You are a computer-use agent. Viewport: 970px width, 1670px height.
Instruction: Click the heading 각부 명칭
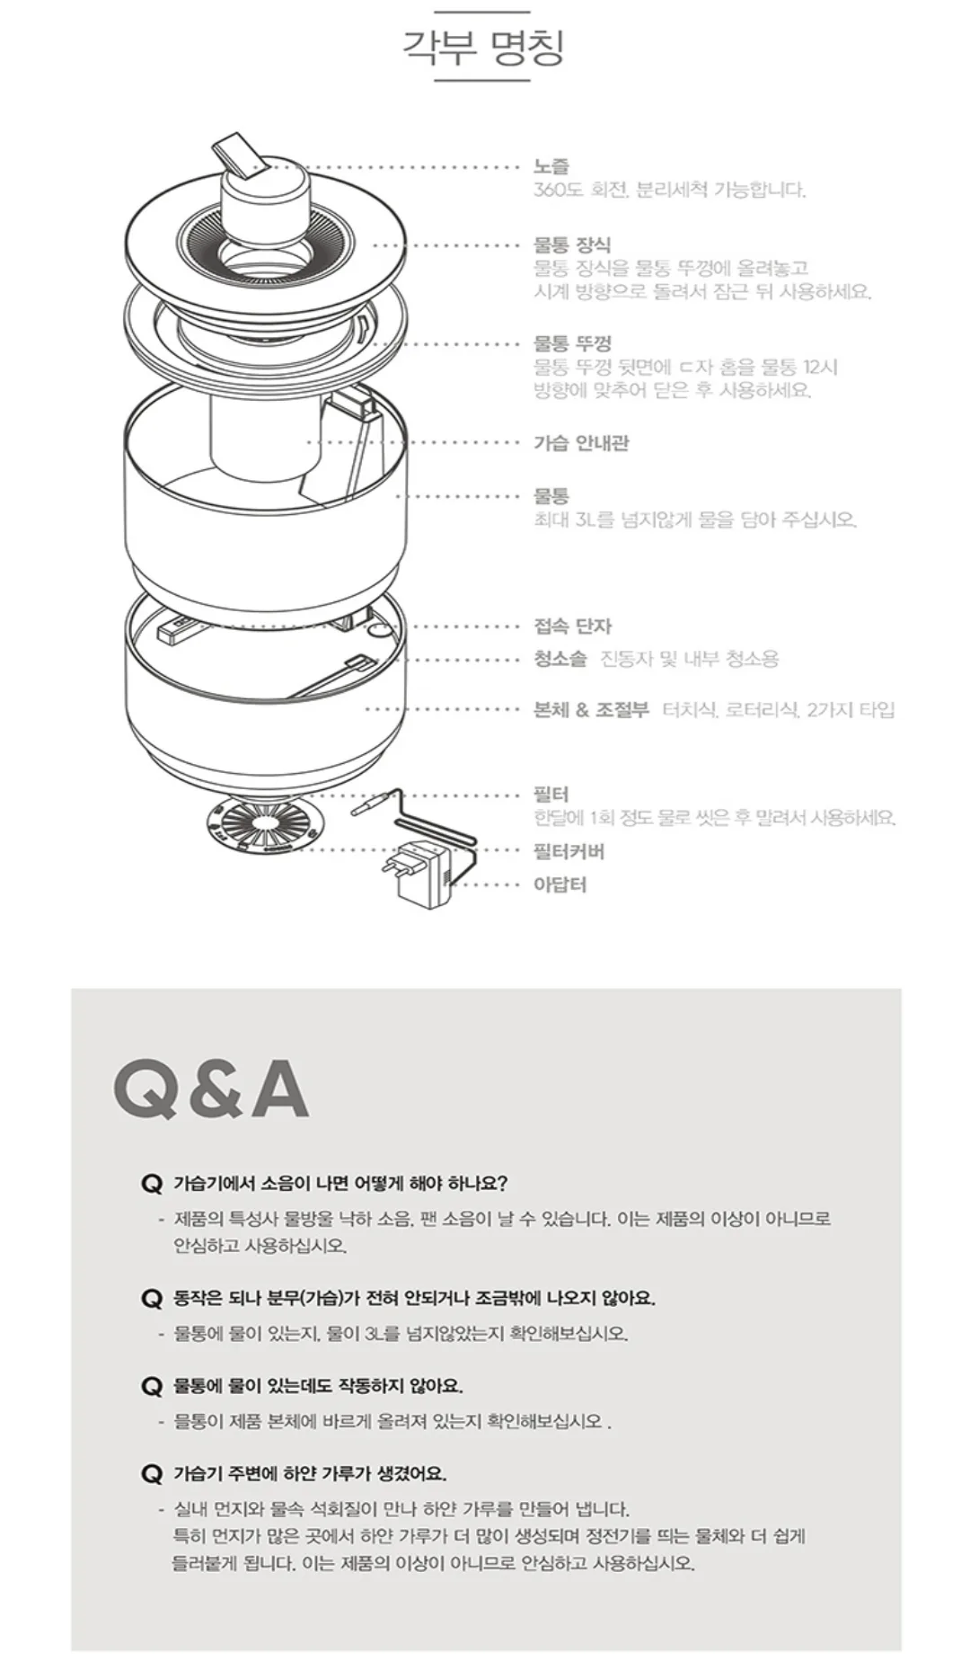pyautogui.click(x=483, y=48)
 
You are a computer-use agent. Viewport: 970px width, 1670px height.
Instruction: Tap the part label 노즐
pyautogui.click(x=551, y=166)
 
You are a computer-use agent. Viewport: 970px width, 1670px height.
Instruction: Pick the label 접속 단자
pyautogui.click(x=572, y=626)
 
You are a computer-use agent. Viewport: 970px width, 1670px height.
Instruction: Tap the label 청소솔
pyautogui.click(x=560, y=659)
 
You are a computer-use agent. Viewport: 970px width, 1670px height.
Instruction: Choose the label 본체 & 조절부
pyautogui.click(x=591, y=709)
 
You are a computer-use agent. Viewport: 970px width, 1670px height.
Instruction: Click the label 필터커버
pyautogui.click(x=569, y=851)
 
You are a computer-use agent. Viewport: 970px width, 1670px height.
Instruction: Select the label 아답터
pyautogui.click(x=560, y=884)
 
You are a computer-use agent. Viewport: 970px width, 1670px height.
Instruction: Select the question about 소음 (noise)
pyautogui.click(x=340, y=1183)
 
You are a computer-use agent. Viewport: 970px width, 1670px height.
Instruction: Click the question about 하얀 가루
pyautogui.click(x=309, y=1473)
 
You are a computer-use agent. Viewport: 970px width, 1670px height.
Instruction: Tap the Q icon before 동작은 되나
pyautogui.click(x=151, y=1299)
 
